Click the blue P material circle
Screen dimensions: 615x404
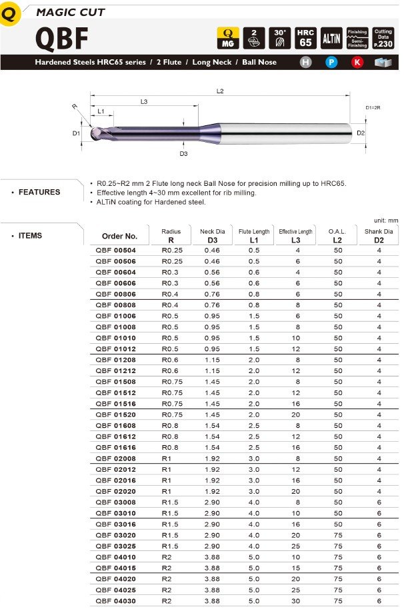[x=331, y=63]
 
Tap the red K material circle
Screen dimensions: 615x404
[x=357, y=63]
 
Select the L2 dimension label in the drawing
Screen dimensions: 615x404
[x=221, y=91]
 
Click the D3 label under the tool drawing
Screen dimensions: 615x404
[x=183, y=154]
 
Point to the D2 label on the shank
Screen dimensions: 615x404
[x=360, y=133]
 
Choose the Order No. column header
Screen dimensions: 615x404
[x=119, y=236]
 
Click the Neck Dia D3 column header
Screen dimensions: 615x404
[x=212, y=235]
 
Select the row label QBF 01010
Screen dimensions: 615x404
[x=115, y=338]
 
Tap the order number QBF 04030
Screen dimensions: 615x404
[x=115, y=601]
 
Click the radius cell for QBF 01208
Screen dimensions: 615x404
[x=171, y=360]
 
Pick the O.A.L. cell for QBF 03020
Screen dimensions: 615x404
[x=337, y=535]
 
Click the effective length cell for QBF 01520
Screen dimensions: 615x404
[x=295, y=414]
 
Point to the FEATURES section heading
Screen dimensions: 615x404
[x=39, y=192]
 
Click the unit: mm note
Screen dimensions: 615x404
[x=386, y=219]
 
